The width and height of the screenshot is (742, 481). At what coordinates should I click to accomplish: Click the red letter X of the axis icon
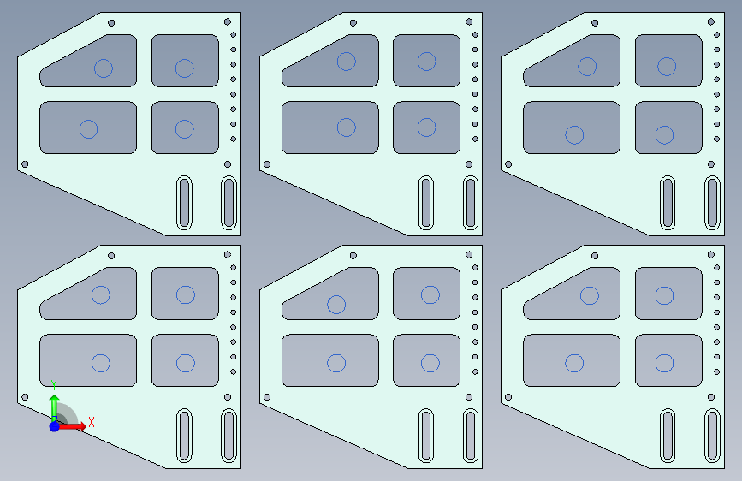(92, 422)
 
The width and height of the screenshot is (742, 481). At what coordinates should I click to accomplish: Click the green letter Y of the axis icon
(54, 385)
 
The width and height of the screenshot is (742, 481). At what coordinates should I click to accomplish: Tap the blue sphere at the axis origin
(55, 426)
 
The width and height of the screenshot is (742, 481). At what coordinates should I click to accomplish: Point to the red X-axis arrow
(71, 426)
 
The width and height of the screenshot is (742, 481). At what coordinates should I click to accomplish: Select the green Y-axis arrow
(55, 408)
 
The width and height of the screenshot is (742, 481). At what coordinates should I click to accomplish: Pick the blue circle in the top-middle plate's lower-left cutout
(346, 128)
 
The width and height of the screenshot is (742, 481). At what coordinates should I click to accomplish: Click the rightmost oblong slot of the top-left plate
(229, 203)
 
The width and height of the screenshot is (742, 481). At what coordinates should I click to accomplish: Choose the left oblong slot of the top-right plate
(668, 203)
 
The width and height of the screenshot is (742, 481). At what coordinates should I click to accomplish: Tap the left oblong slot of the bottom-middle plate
(426, 435)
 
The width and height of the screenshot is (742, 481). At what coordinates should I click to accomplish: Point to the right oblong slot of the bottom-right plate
(712, 435)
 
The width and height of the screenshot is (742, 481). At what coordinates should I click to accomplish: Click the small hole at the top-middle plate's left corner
(267, 164)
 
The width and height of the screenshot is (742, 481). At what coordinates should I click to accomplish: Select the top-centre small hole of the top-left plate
(111, 23)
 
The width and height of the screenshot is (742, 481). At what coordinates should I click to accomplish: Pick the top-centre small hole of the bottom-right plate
(595, 256)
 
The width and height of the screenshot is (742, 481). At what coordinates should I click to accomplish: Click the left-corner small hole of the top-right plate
(508, 164)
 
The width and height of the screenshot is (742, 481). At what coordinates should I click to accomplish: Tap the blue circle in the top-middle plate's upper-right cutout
(426, 61)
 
